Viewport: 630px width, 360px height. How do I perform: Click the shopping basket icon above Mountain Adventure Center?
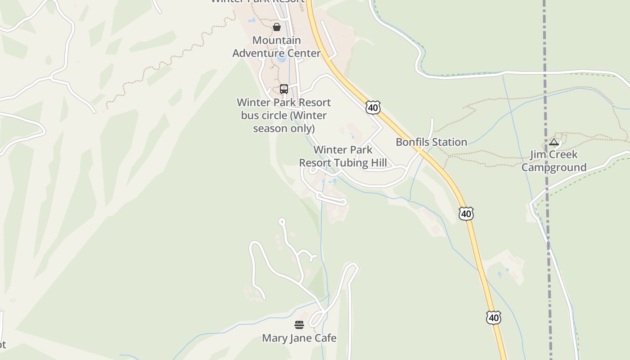(277, 27)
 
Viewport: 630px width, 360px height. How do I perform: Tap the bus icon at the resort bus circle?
(283, 89)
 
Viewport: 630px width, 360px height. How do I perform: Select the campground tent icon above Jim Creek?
(554, 143)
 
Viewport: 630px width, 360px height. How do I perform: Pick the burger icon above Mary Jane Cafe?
(299, 324)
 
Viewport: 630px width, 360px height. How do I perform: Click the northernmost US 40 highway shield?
(373, 107)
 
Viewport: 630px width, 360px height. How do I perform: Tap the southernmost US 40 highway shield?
(494, 318)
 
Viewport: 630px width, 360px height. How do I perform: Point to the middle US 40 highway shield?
(466, 213)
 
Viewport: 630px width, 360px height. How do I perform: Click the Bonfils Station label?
(431, 142)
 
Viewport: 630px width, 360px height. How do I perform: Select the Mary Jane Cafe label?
(299, 338)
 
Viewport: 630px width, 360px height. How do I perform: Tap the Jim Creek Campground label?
(554, 161)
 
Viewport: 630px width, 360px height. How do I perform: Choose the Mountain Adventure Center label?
(276, 47)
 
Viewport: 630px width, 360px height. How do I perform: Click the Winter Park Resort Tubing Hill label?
(343, 156)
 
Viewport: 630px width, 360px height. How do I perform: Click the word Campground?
(554, 168)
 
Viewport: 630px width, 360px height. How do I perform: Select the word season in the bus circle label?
(270, 129)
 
